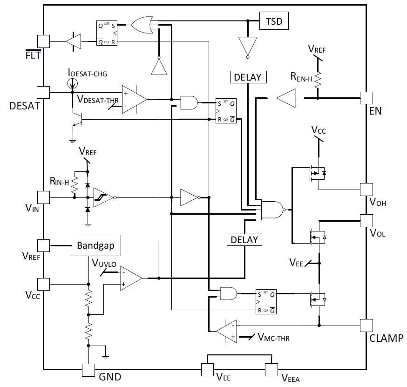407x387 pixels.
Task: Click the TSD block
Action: [x=274, y=21]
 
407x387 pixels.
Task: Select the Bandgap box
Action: [x=96, y=245]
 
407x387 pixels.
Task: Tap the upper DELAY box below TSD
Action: [x=248, y=77]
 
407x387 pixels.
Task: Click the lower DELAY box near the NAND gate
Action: [x=244, y=239]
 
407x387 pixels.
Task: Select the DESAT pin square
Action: [x=43, y=92]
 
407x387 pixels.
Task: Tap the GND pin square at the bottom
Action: [x=88, y=370]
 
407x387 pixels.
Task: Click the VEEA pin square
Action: [x=271, y=370]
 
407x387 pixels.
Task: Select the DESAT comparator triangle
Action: [x=134, y=99]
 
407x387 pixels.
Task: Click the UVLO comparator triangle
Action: [x=131, y=278]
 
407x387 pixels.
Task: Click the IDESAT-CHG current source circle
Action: [x=72, y=83]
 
